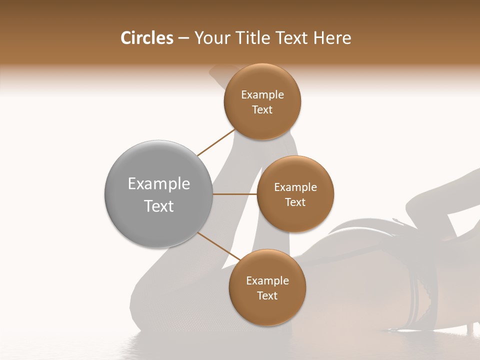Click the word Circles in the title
pyautogui.click(x=147, y=38)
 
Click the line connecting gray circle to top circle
pyautogui.click(x=216, y=142)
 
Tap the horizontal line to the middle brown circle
pyautogui.click(x=234, y=194)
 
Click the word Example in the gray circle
pyautogui.click(x=158, y=184)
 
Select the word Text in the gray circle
pyautogui.click(x=158, y=206)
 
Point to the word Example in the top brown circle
pyautogui.click(x=262, y=94)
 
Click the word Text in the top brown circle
pyautogui.click(x=262, y=109)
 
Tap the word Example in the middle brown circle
pyautogui.click(x=295, y=187)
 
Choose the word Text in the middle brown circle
pyautogui.click(x=295, y=202)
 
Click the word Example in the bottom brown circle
pyautogui.click(x=267, y=280)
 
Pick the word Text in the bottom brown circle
pyautogui.click(x=267, y=295)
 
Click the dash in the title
pyautogui.click(x=183, y=38)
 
